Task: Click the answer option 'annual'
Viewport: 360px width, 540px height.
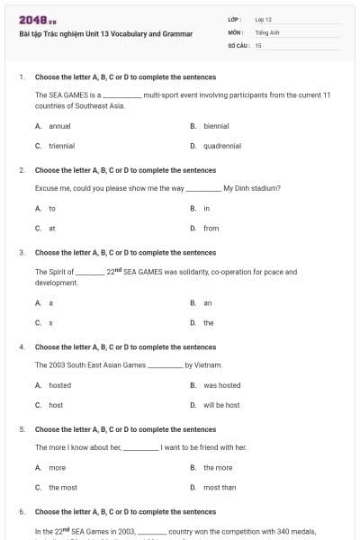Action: pyautogui.click(x=59, y=126)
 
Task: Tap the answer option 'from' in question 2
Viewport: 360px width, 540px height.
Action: pyautogui.click(x=211, y=228)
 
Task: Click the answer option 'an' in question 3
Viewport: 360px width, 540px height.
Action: pyautogui.click(x=208, y=303)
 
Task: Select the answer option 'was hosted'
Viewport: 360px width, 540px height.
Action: pyautogui.click(x=221, y=385)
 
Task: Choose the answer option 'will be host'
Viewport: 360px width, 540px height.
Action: pyautogui.click(x=221, y=405)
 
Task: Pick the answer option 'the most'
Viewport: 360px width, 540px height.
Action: pyautogui.click(x=63, y=487)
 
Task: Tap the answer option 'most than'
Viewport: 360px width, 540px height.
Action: pyautogui.click(x=220, y=487)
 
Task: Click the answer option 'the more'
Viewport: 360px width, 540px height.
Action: pyautogui.click(x=218, y=468)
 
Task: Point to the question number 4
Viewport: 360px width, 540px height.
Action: pyautogui.click(x=21, y=346)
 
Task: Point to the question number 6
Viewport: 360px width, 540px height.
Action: pyautogui.click(x=21, y=511)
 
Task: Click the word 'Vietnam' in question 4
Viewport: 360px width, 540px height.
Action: pyautogui.click(x=205, y=365)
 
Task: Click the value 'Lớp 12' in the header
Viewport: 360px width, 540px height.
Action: pyautogui.click(x=263, y=19)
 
